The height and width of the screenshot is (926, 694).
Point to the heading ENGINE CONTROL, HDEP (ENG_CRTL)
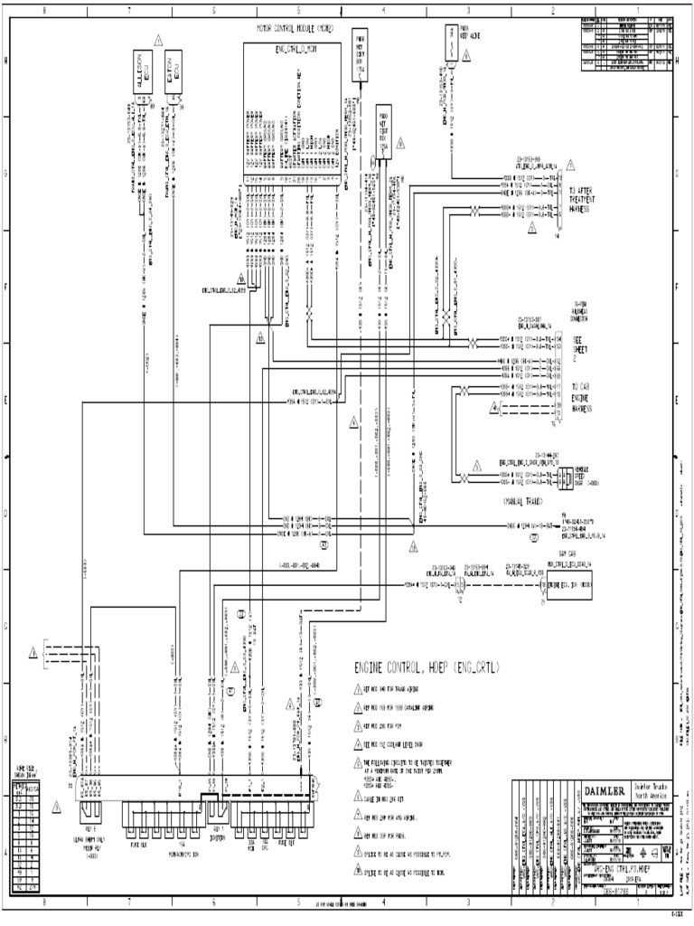point(427,667)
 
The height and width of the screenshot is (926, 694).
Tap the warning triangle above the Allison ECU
point(158,40)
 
